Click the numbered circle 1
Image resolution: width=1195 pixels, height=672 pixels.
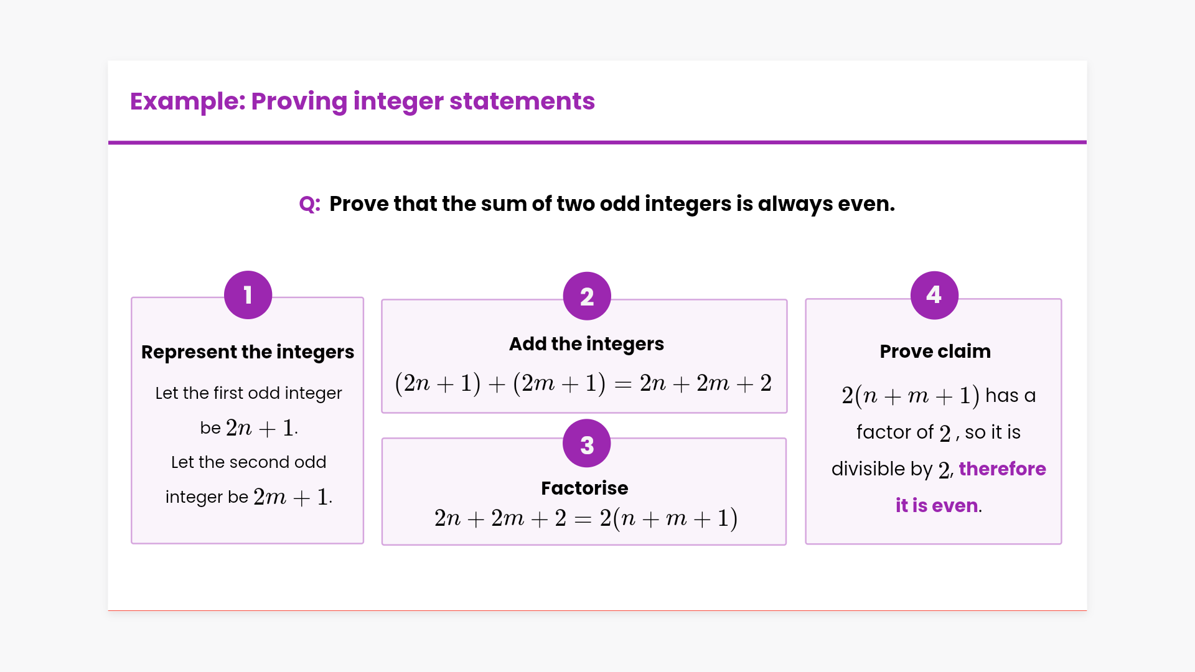(248, 295)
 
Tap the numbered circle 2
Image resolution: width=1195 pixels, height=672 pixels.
(587, 296)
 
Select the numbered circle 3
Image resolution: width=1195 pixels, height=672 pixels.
(587, 444)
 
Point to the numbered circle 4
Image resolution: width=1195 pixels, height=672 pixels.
(934, 295)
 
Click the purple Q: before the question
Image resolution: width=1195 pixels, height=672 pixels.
(310, 204)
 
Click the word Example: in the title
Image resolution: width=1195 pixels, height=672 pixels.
(187, 101)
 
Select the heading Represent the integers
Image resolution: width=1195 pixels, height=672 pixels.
(248, 352)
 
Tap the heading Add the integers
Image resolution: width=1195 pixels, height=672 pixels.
(586, 344)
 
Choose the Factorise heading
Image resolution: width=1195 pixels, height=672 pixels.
(584, 488)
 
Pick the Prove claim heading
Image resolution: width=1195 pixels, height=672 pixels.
(935, 351)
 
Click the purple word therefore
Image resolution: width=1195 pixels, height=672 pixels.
(1002, 469)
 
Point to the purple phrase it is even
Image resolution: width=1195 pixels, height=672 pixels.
(937, 505)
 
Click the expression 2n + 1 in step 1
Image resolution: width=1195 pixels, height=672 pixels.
(260, 428)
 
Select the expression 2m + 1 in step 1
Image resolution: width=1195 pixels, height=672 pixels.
(291, 497)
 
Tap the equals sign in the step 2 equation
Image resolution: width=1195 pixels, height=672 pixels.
(623, 385)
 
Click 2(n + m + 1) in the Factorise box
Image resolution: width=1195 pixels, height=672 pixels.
(668, 518)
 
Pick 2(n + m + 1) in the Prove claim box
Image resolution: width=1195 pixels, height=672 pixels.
(911, 396)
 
